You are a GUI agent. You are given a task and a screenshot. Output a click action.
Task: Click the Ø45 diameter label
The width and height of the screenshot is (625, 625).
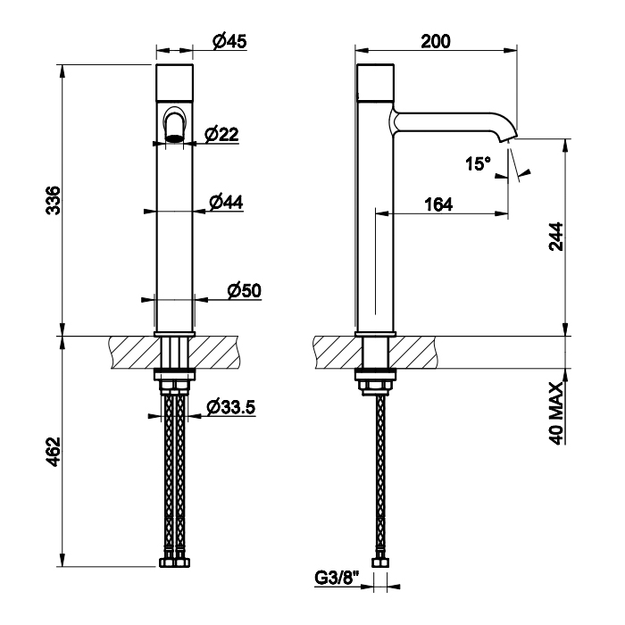[229, 41]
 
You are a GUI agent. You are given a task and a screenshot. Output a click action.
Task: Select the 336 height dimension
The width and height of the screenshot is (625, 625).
[53, 201]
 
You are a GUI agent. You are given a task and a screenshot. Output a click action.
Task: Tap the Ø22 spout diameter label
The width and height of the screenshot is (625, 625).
[221, 134]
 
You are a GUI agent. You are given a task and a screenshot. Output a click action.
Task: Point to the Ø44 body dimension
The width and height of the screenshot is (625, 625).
[226, 202]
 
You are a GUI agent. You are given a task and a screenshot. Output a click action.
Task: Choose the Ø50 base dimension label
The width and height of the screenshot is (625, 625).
[245, 290]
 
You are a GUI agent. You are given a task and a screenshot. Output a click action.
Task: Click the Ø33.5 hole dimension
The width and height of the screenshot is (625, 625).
[231, 407]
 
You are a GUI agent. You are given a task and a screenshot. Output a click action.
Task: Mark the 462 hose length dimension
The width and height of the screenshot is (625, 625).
[53, 452]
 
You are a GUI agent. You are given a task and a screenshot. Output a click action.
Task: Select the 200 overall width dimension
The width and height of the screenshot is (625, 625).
[436, 41]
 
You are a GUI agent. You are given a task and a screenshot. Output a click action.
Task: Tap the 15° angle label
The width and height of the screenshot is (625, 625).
[479, 163]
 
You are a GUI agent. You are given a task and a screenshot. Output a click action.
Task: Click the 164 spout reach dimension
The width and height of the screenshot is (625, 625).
[438, 204]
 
